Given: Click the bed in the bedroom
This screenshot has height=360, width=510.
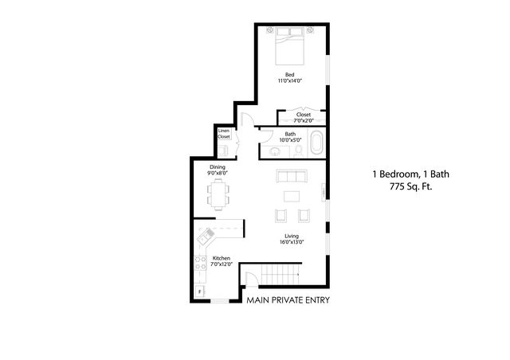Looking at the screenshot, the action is pyautogui.click(x=290, y=46).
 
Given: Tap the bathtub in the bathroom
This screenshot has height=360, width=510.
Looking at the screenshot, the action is pyautogui.click(x=316, y=143).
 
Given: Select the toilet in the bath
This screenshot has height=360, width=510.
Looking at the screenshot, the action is pyautogui.click(x=298, y=151).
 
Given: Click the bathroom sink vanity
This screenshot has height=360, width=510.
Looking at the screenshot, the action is pyautogui.click(x=275, y=152).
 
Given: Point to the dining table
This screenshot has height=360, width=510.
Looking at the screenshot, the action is pyautogui.click(x=218, y=194).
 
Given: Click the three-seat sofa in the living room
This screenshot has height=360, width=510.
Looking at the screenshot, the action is pyautogui.click(x=292, y=176).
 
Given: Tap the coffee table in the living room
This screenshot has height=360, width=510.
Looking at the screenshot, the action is pyautogui.click(x=292, y=197).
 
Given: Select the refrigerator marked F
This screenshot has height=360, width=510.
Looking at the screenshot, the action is pyautogui.click(x=200, y=291).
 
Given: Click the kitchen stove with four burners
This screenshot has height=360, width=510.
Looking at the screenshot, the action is pyautogui.click(x=200, y=263).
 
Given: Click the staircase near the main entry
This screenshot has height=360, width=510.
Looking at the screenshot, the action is pyautogui.click(x=280, y=275).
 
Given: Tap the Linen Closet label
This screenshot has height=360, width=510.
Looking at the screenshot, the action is pyautogui.click(x=224, y=134).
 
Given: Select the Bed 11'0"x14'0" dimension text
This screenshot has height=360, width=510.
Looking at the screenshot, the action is pyautogui.click(x=290, y=78).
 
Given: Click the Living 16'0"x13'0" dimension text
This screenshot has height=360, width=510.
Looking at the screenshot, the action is pyautogui.click(x=292, y=239).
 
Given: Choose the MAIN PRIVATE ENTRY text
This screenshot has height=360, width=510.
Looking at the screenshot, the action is pyautogui.click(x=288, y=300).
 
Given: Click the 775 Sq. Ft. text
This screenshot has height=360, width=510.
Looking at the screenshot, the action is pyautogui.click(x=411, y=186).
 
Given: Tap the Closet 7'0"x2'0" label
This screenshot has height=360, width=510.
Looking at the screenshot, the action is pyautogui.click(x=304, y=117).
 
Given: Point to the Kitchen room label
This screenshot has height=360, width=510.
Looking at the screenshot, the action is pyautogui.click(x=222, y=258).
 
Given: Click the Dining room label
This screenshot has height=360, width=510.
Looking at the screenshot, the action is pyautogui.click(x=218, y=167).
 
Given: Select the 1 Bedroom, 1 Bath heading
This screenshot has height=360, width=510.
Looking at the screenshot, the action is pyautogui.click(x=411, y=174).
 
